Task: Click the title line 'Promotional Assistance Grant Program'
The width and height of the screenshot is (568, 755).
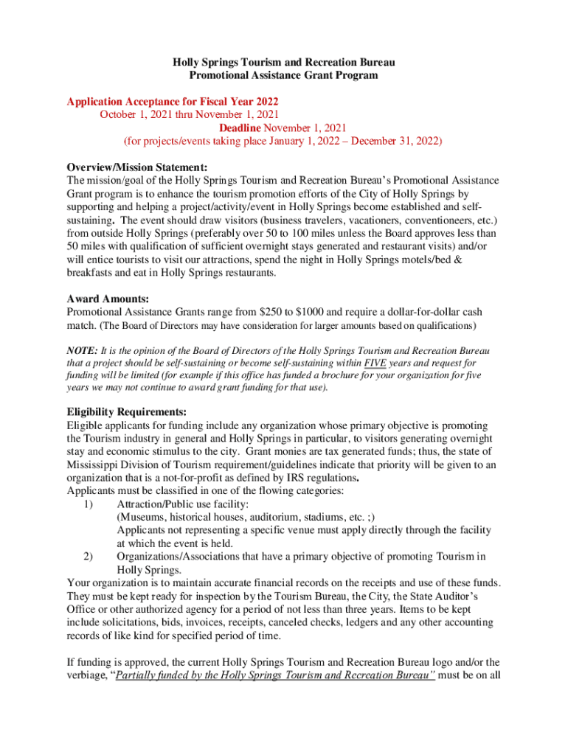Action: (283, 75)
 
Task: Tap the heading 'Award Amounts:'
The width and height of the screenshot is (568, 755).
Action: (97, 299)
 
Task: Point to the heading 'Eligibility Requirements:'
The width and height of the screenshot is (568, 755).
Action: (126, 411)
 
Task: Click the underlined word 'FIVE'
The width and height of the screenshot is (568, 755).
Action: (377, 363)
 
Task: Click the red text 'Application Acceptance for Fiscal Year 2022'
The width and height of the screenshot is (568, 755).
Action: (173, 101)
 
